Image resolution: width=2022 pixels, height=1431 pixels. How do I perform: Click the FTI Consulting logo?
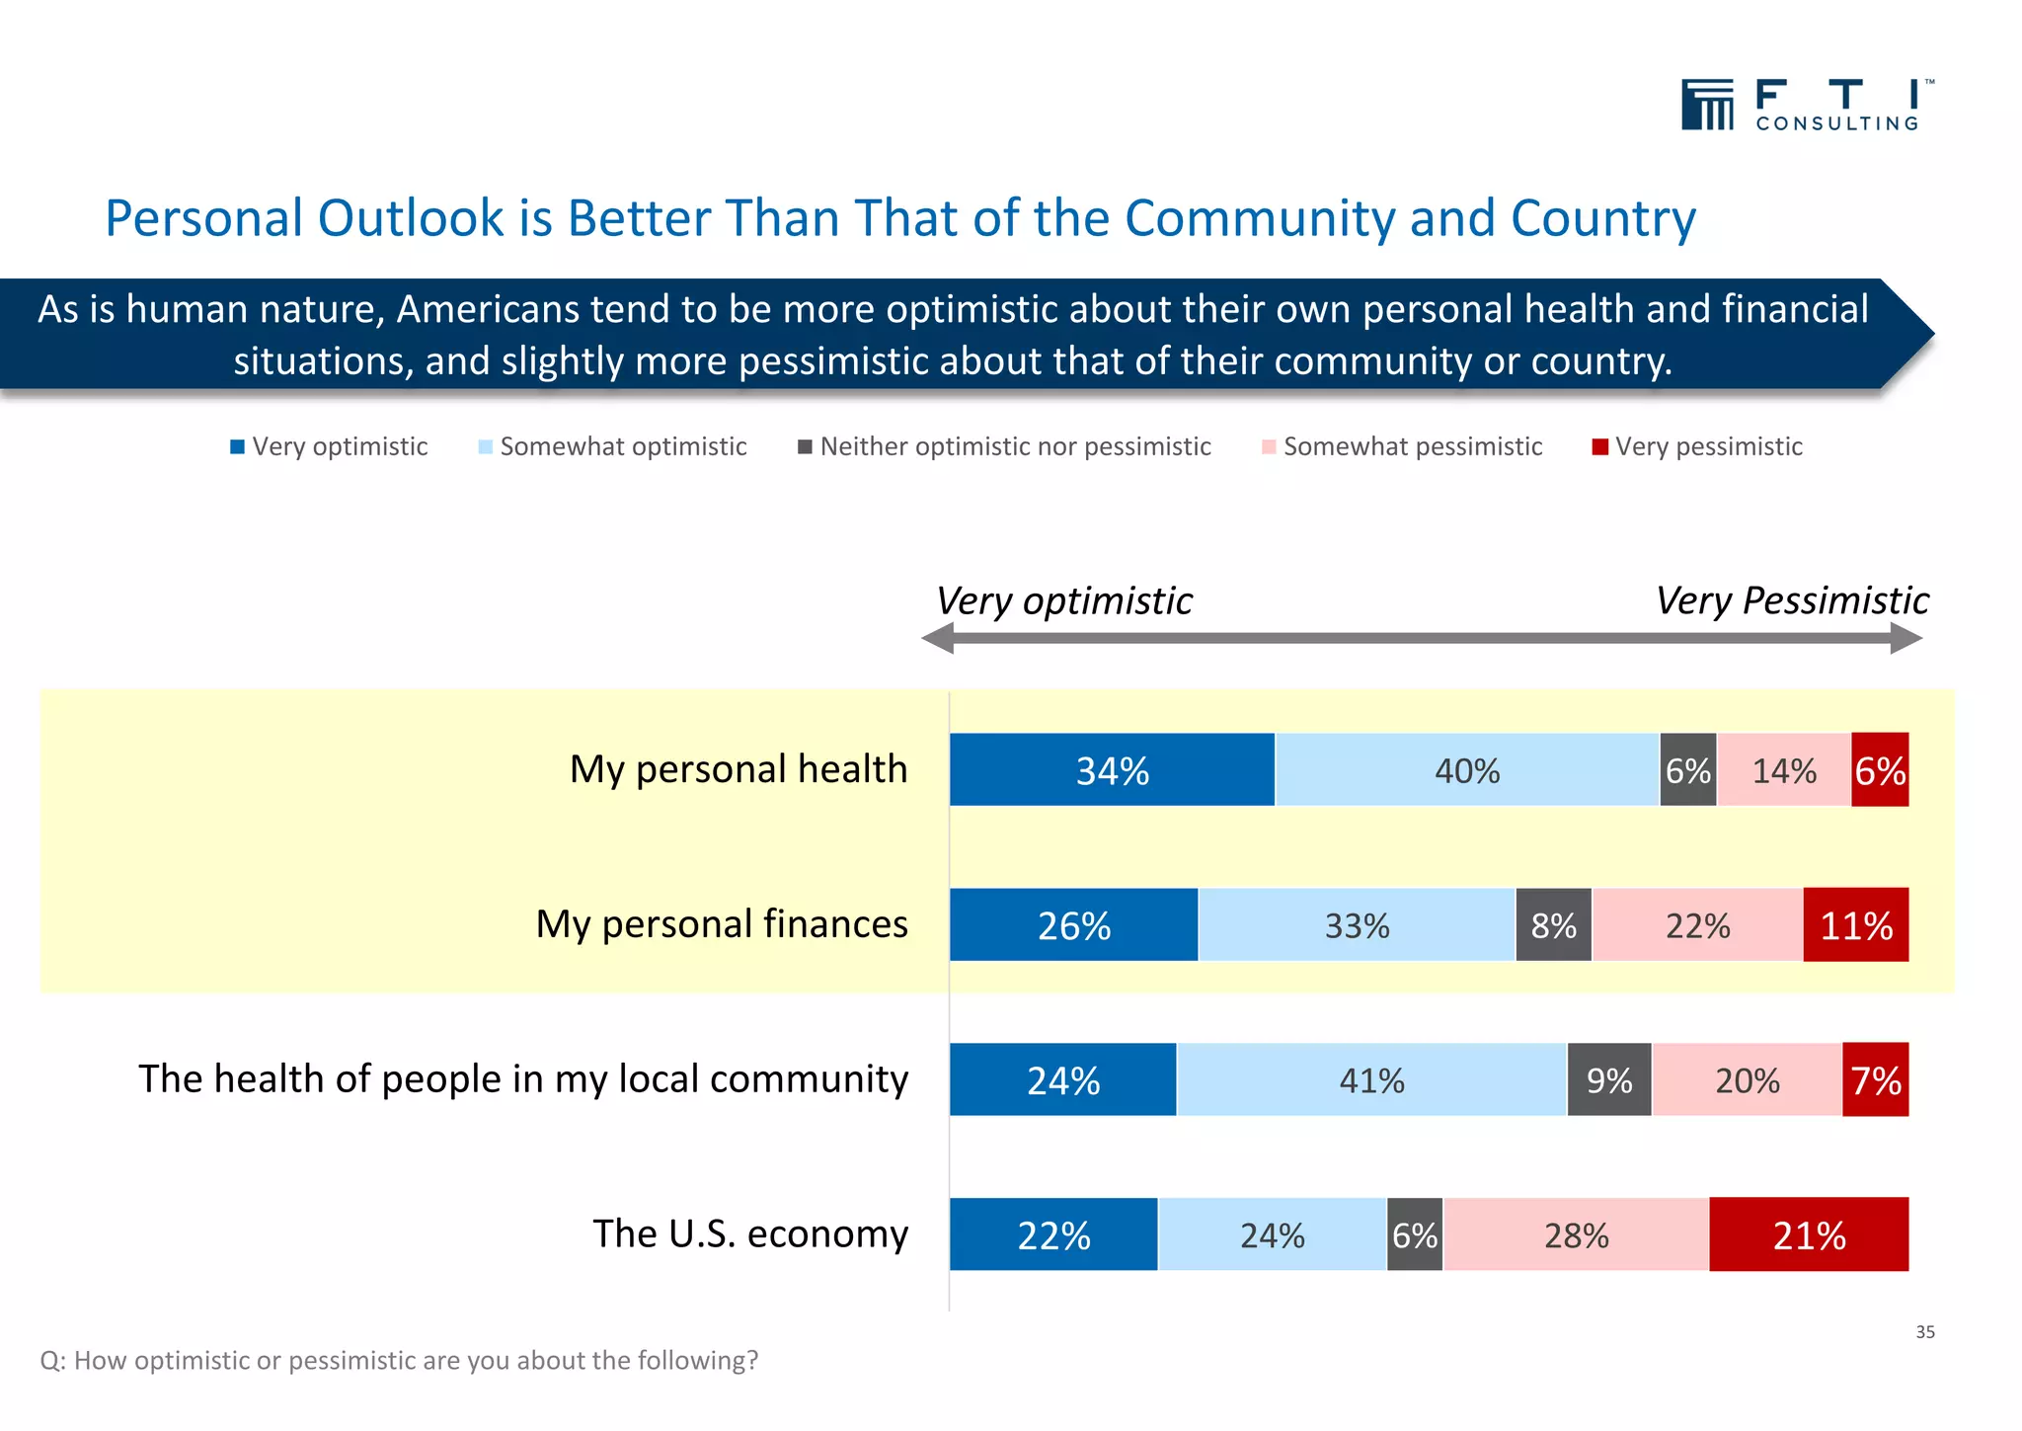tap(1806, 105)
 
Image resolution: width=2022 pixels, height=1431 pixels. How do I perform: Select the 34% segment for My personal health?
tap(1112, 770)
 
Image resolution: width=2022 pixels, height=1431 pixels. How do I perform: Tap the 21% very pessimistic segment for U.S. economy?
tap(1808, 1234)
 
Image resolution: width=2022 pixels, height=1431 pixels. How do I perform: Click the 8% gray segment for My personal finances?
tap(1553, 925)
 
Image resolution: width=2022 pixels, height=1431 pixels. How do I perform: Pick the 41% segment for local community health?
tap(1371, 1080)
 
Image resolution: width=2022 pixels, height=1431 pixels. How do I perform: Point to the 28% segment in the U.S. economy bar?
tap(1576, 1234)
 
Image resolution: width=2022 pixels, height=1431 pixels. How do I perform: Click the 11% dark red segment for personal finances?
tap(1855, 925)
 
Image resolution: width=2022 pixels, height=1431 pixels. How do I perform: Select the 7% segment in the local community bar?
tap(1875, 1080)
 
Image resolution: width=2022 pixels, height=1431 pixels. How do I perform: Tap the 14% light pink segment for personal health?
tap(1783, 770)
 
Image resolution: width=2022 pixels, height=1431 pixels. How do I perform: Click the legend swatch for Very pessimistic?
tap(1599, 447)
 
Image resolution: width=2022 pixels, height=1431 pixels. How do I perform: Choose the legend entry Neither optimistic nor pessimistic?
tap(1015, 447)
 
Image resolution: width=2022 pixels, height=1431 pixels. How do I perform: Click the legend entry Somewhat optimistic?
tap(623, 447)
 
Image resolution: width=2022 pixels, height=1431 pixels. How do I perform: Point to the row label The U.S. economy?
tap(749, 1234)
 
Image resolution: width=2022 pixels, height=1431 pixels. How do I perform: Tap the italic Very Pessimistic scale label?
tap(1791, 600)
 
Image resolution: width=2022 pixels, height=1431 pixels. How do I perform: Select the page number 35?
tap(1924, 1332)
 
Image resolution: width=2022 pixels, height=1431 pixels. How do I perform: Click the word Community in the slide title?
tap(1259, 218)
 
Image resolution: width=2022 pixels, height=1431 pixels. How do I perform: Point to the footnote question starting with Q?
tap(399, 1361)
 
